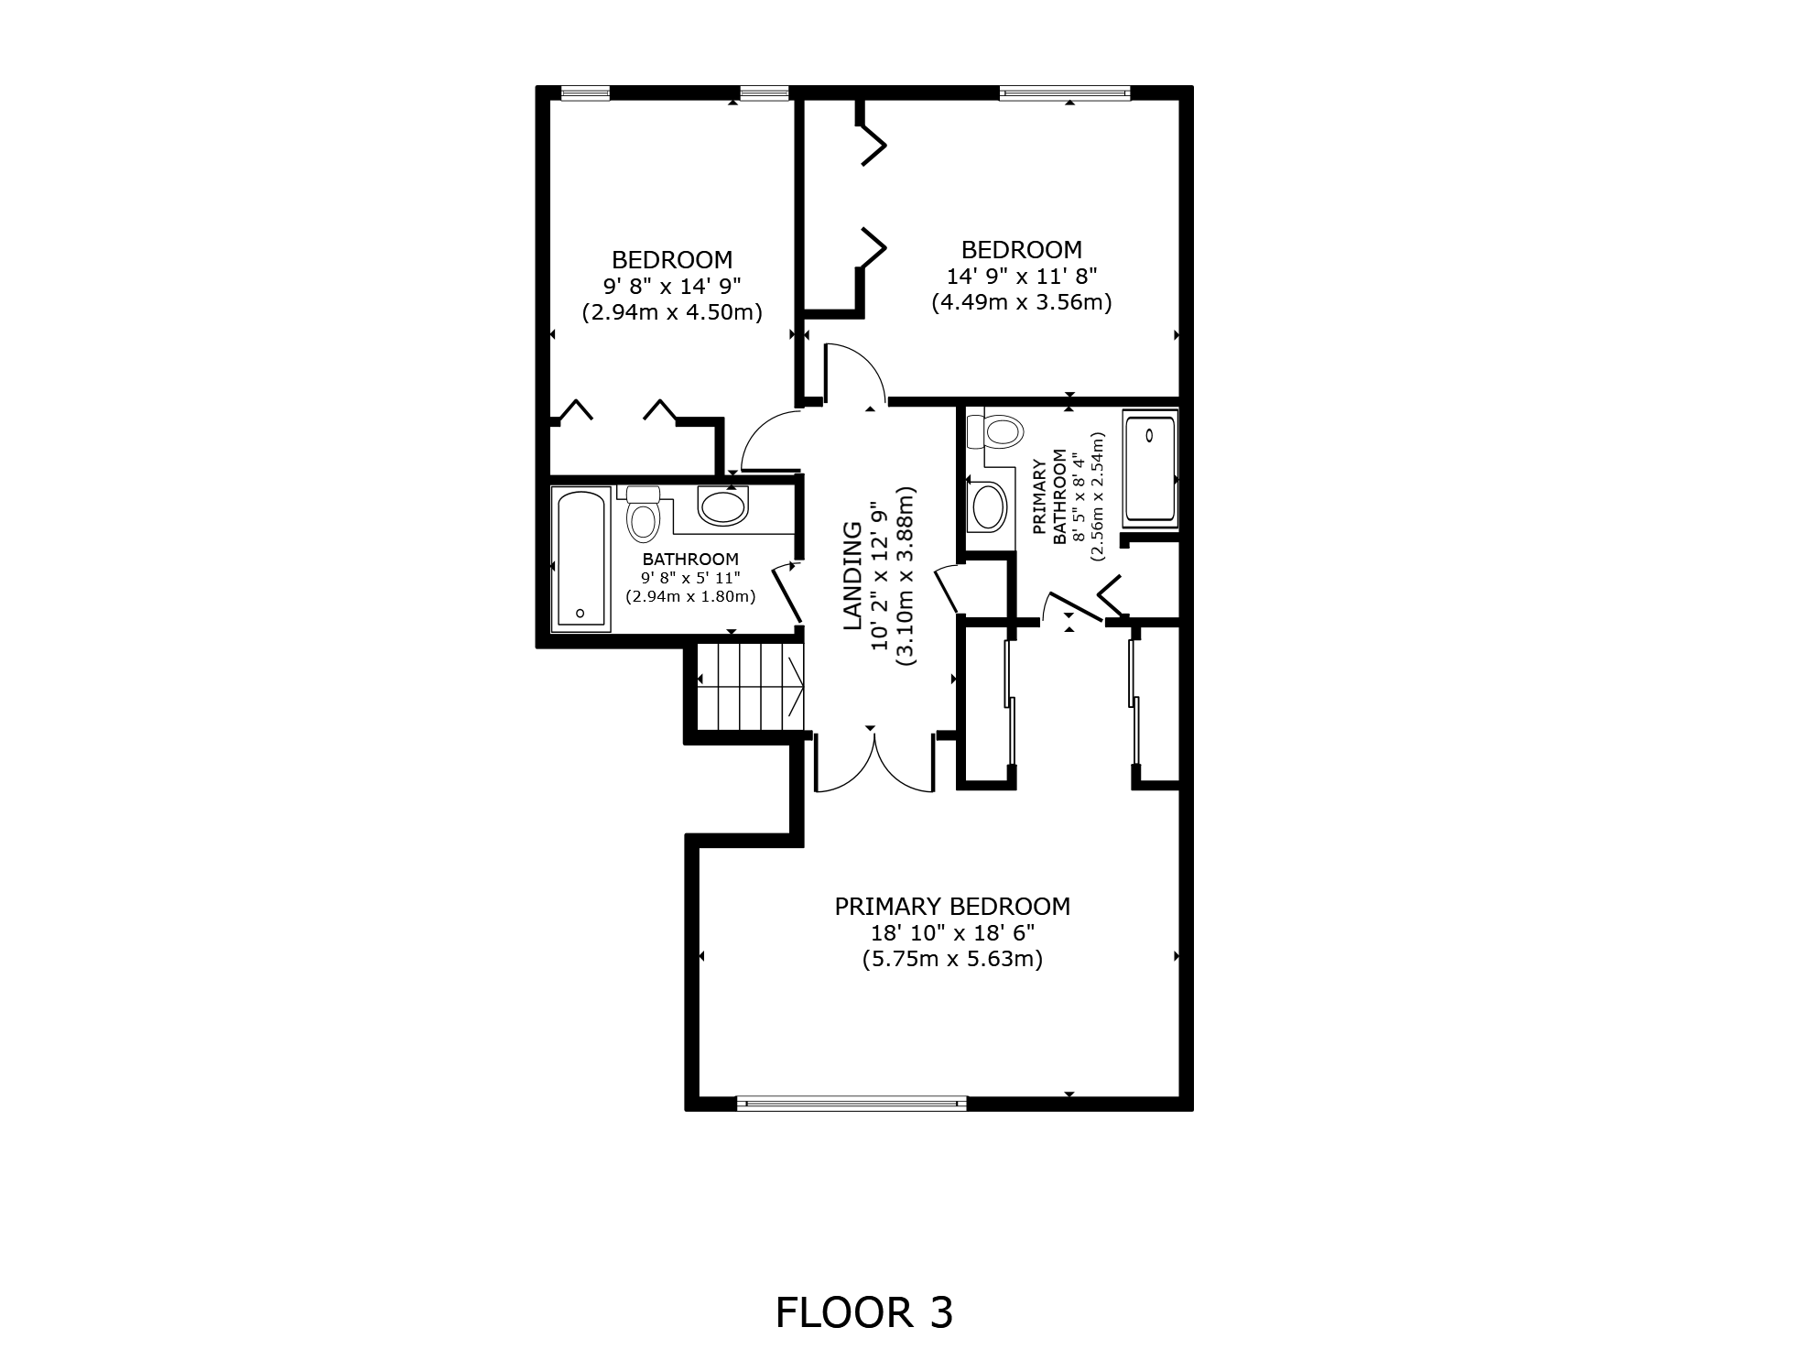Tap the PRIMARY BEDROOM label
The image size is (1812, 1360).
[952, 907]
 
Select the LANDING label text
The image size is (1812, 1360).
[852, 575]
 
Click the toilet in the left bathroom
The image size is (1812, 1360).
[643, 515]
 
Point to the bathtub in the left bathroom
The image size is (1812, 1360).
[580, 559]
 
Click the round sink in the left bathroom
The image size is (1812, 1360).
[722, 505]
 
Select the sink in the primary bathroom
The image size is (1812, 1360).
[988, 506]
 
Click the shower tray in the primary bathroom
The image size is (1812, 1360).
[1149, 468]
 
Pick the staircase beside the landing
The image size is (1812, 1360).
[750, 686]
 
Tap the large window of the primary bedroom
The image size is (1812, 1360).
[852, 1104]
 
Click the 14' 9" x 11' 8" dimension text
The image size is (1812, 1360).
[1021, 276]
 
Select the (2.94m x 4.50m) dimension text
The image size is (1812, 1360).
[672, 311]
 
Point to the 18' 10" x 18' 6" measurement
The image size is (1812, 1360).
[952, 933]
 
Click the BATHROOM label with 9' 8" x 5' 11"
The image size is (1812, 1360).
[690, 560]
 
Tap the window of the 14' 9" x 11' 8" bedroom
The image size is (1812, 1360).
[1065, 92]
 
